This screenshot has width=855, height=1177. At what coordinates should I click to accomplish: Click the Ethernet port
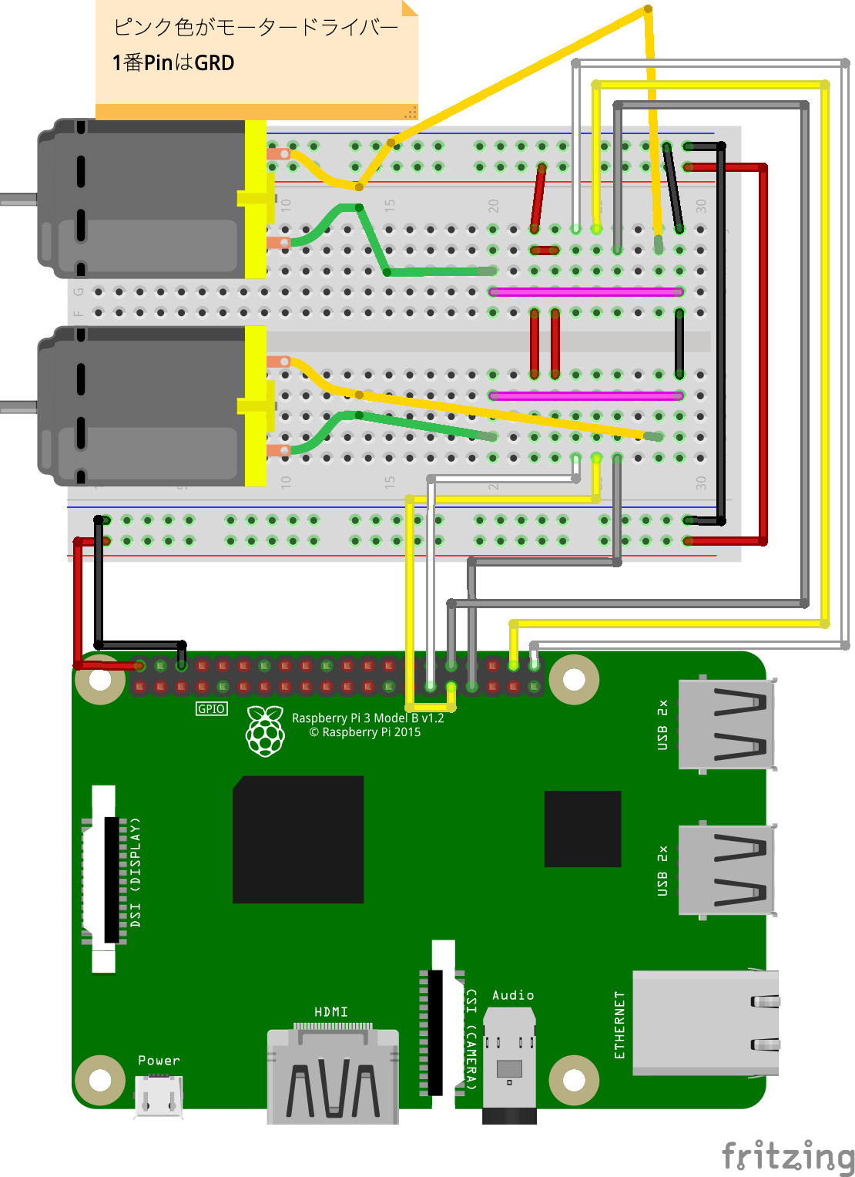[x=704, y=1024]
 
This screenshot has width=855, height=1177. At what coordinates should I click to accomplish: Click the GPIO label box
[x=212, y=709]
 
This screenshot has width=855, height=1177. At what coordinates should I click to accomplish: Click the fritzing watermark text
[x=787, y=1156]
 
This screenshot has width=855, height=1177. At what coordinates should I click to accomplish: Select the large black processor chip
[x=298, y=839]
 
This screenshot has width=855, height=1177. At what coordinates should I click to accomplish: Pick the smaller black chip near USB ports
[x=582, y=829]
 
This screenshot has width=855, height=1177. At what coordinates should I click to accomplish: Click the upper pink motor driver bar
[x=585, y=292]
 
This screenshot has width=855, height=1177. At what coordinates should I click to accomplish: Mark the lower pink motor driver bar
[x=585, y=396]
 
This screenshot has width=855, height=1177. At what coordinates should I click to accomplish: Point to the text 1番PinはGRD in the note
[x=173, y=63]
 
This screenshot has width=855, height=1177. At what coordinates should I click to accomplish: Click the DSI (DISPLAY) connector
[x=108, y=879]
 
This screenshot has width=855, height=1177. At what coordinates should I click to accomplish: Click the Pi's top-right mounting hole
[x=574, y=680]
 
